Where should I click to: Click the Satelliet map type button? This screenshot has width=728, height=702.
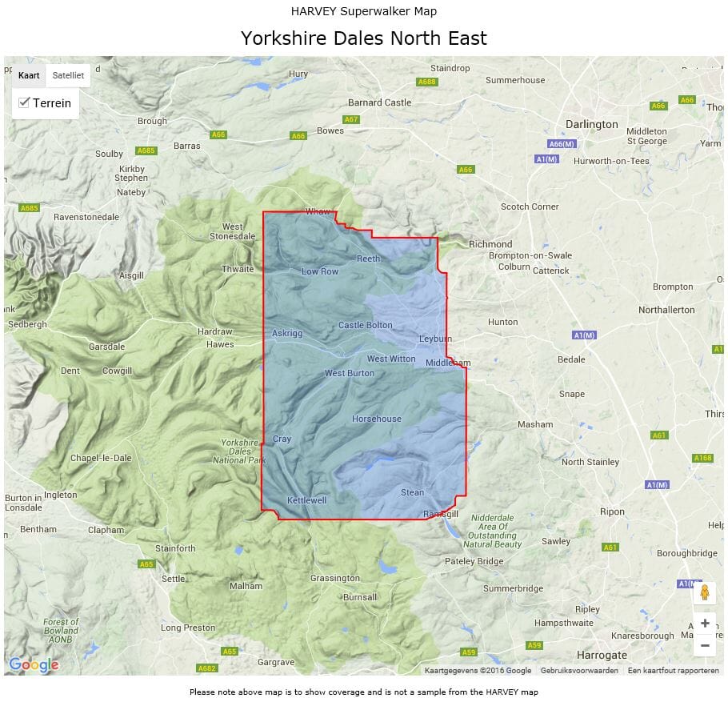click(x=68, y=75)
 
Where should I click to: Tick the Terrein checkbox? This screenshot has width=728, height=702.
click(x=24, y=102)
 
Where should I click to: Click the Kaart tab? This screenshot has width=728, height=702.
click(x=29, y=75)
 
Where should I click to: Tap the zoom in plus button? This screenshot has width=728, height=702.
click(x=705, y=624)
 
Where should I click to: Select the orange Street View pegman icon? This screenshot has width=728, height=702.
click(x=705, y=592)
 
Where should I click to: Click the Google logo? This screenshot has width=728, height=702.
click(x=34, y=664)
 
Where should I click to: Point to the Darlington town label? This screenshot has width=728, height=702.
click(x=591, y=124)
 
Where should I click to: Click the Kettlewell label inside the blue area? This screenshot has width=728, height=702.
click(x=307, y=500)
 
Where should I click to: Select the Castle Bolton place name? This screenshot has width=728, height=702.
click(x=366, y=325)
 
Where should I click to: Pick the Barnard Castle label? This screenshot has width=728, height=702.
click(x=379, y=102)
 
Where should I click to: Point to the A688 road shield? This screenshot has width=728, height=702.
click(x=427, y=82)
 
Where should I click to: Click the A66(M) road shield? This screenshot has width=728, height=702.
click(x=562, y=143)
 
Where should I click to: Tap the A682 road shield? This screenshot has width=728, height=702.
click(x=207, y=668)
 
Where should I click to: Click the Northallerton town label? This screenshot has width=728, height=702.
click(x=666, y=309)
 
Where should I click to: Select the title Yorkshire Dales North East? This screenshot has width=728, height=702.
click(x=364, y=38)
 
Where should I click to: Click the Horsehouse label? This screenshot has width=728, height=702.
click(x=377, y=419)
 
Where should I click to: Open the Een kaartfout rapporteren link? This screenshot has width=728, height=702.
click(x=673, y=671)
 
